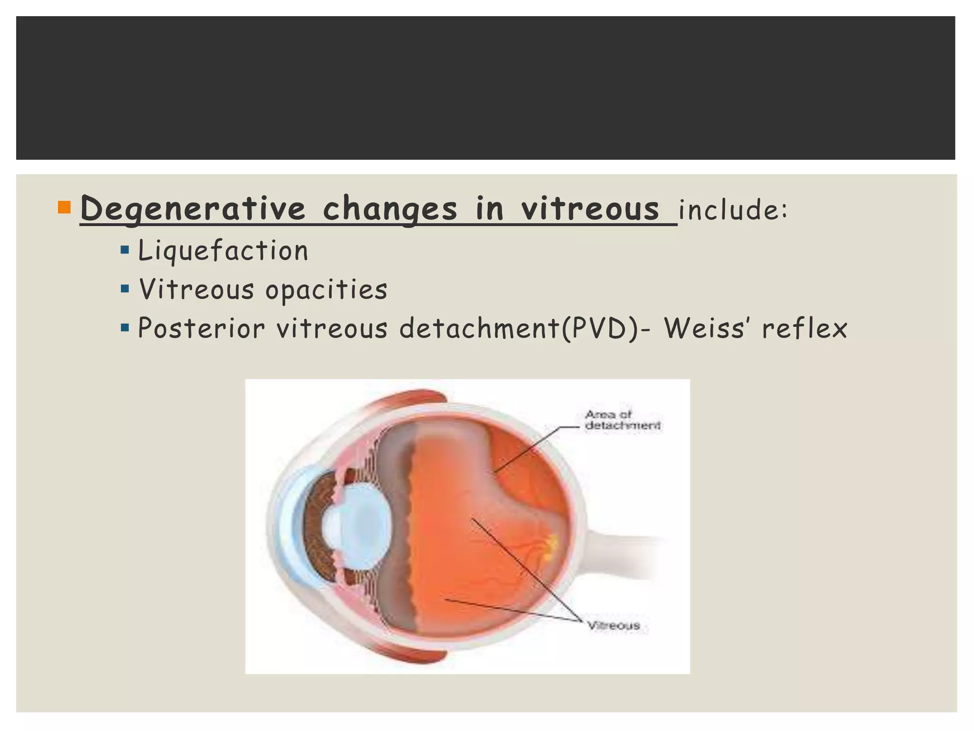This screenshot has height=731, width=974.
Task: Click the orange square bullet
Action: [64, 207]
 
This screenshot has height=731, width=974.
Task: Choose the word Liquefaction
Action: [223, 250]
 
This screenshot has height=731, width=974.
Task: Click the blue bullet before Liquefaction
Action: [125, 250]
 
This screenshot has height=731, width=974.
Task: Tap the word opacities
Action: [326, 289]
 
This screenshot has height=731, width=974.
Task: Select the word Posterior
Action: [201, 328]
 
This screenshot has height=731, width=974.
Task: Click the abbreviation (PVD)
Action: [600, 328]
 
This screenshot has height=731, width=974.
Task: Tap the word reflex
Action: [805, 328]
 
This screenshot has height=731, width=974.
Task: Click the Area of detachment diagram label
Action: [622, 420]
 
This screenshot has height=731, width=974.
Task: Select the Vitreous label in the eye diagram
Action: [614, 625]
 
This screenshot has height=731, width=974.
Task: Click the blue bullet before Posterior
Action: [125, 328]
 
